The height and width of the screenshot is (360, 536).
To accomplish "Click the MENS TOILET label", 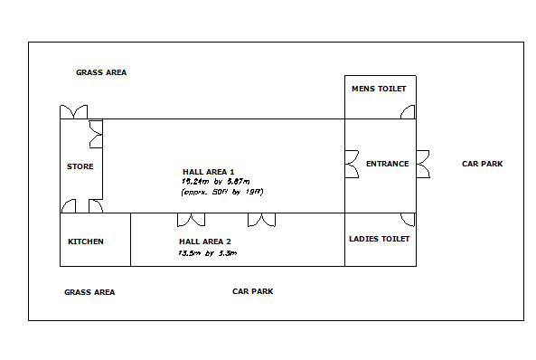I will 380,89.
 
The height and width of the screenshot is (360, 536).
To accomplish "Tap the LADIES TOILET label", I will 380,239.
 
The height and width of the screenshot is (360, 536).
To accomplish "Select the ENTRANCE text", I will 387,164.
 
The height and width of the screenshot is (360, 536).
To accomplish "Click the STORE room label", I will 80,166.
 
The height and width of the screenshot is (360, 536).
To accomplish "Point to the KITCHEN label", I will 86,242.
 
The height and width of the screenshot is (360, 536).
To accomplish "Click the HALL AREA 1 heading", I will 209,172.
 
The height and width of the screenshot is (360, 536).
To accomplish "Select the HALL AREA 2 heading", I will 205,242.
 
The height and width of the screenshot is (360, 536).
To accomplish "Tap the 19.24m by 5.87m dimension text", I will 209,182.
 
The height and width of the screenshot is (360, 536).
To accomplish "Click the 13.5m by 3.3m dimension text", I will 208,253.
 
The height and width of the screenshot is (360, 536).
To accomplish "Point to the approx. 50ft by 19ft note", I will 221,192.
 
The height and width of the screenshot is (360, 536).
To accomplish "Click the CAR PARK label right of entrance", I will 482,164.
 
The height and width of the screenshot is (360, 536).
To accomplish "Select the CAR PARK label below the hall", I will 252,291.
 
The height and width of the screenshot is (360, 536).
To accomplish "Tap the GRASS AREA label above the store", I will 101,72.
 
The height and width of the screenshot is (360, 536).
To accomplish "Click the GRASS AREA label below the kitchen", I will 89,292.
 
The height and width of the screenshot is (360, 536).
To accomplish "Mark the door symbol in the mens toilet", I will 409,112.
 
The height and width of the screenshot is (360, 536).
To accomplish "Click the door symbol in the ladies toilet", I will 409,220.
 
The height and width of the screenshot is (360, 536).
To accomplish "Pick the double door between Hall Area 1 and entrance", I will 352,165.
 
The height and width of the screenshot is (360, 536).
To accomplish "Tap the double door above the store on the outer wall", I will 73,112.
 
